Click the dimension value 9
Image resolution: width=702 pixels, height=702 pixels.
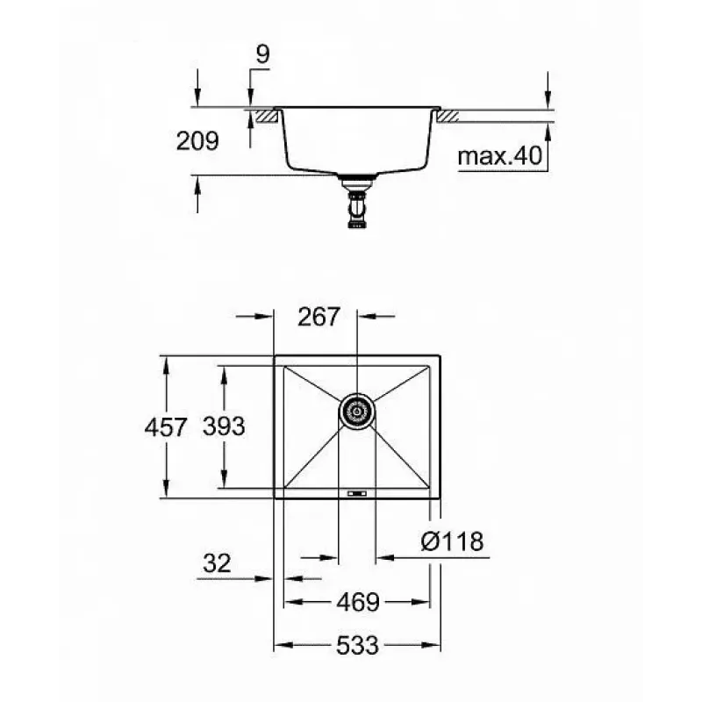(262, 54)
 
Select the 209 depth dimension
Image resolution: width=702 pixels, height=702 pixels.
(197, 141)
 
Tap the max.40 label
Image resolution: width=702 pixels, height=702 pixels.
(499, 156)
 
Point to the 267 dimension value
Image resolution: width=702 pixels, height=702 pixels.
(319, 317)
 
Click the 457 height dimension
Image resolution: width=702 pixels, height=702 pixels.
(165, 427)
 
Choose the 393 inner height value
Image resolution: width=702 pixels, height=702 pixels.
(224, 426)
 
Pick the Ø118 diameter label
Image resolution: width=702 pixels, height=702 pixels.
(452, 541)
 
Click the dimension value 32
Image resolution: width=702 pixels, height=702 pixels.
(217, 563)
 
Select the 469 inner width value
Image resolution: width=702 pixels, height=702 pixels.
(358, 602)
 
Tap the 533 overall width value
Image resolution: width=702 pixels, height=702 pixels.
(357, 646)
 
